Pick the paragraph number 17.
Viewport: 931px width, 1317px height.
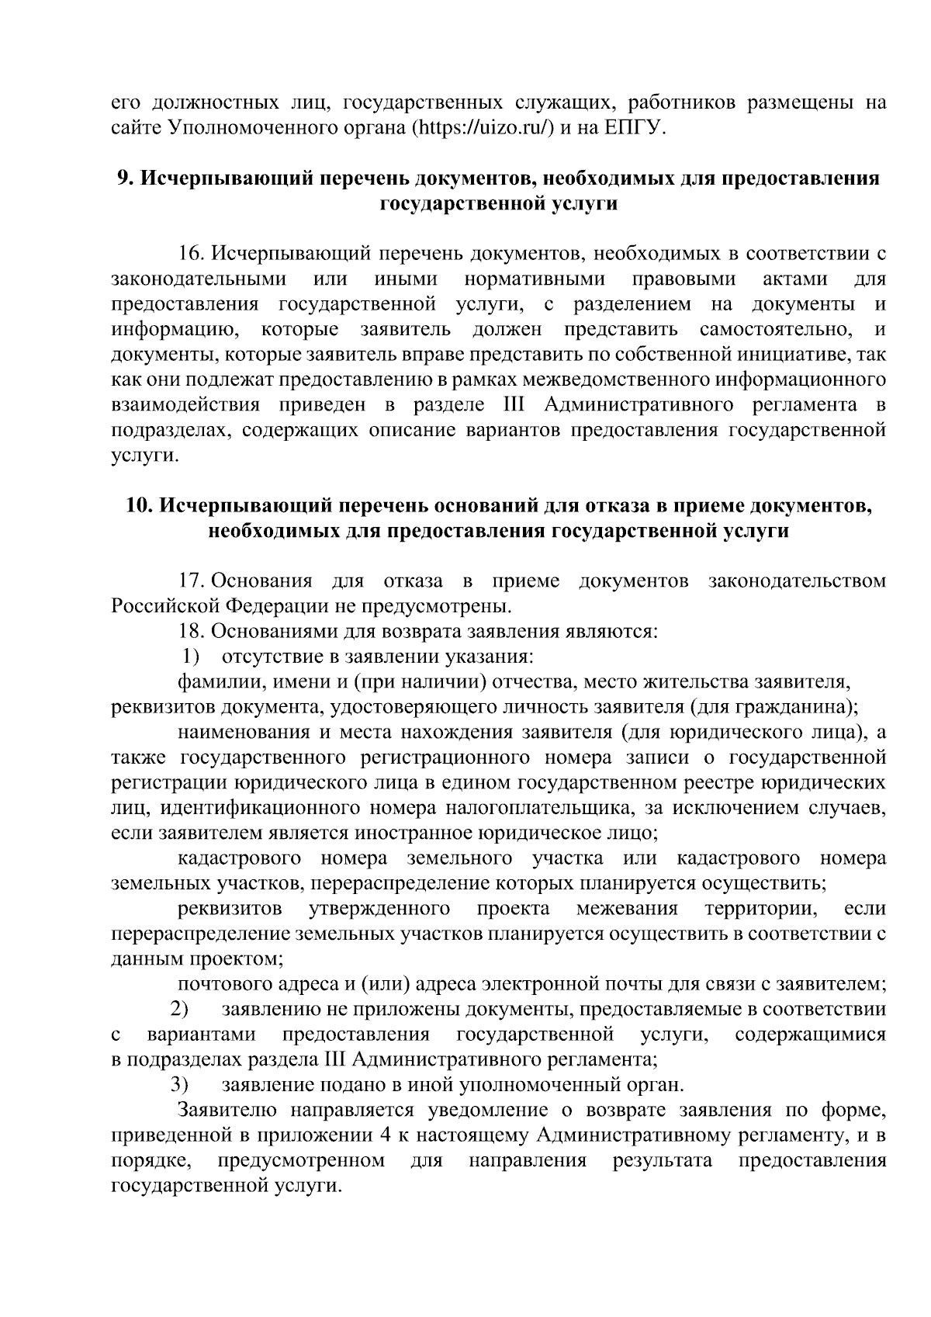pos(192,581)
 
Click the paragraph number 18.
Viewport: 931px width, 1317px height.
pos(192,631)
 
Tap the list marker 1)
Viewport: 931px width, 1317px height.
pos(192,657)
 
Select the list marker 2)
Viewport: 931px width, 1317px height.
pos(181,1010)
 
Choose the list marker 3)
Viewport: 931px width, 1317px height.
pos(181,1084)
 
